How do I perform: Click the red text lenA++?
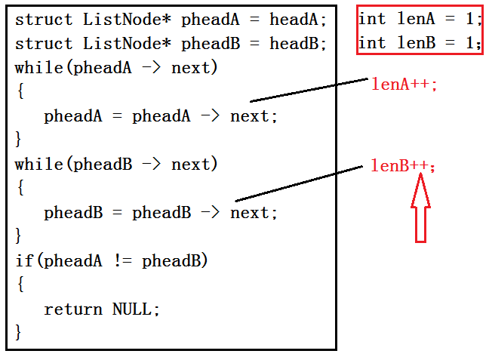(404, 84)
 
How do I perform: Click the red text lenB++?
(403, 165)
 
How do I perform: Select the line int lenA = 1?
(420, 20)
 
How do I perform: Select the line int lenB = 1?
(420, 43)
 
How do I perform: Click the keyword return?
(73, 309)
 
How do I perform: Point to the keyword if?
(24, 261)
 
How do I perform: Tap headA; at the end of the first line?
(298, 20)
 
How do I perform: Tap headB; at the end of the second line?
(298, 44)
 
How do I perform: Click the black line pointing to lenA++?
(309, 89)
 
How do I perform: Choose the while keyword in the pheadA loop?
(39, 68)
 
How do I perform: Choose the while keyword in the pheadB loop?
(39, 165)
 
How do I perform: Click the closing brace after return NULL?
(19, 331)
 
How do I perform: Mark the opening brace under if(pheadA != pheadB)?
(19, 285)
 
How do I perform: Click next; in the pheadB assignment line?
(254, 213)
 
